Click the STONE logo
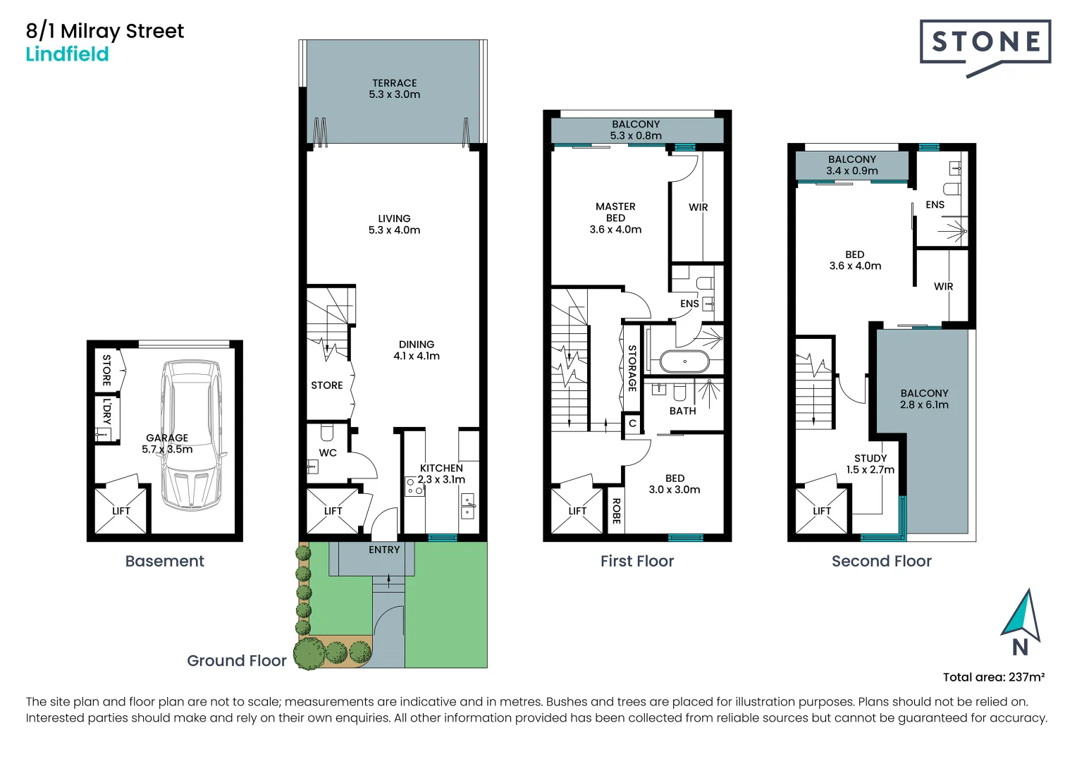(985, 44)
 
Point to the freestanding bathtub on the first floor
(684, 361)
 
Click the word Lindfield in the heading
(67, 54)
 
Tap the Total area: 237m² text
(993, 677)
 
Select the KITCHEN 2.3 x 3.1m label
(441, 474)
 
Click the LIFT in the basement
(121, 510)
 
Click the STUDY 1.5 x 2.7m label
(870, 464)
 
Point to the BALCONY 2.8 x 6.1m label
(924, 399)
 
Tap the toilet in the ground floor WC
(327, 431)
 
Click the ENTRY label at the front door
(384, 550)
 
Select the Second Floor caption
(881, 561)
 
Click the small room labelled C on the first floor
(632, 423)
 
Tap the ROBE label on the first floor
(616, 511)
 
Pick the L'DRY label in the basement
(106, 412)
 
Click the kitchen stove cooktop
(414, 486)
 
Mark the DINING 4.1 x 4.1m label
(416, 350)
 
